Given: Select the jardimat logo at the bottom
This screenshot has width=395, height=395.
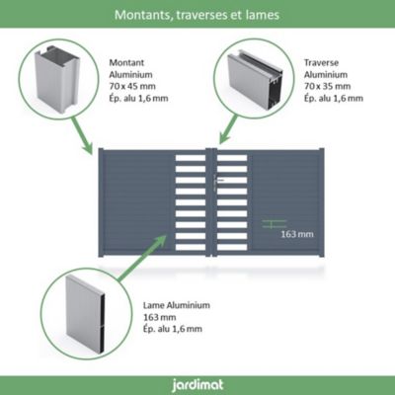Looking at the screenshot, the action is [197, 385].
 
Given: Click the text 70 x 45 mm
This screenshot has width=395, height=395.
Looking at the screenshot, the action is [132, 86].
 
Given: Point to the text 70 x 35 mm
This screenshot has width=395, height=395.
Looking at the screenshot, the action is [327, 86].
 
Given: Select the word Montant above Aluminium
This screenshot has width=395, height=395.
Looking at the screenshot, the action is [126, 62].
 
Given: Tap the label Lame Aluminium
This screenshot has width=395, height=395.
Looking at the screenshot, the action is [176, 305].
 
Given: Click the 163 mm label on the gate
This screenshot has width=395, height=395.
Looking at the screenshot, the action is [297, 234].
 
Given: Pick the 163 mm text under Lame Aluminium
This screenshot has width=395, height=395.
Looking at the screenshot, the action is [159, 317].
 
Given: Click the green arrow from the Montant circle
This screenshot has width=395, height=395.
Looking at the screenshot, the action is [82, 134].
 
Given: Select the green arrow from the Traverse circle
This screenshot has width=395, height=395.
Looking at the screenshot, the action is [228, 129].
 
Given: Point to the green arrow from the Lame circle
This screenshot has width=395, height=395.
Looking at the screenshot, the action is [141, 258].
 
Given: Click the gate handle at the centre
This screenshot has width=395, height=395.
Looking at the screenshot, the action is [218, 181].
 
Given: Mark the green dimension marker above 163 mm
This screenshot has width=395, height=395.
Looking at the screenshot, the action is [274, 224].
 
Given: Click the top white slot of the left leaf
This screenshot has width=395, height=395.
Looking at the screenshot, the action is [191, 158].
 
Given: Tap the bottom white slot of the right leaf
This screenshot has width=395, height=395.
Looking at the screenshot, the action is [232, 247].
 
